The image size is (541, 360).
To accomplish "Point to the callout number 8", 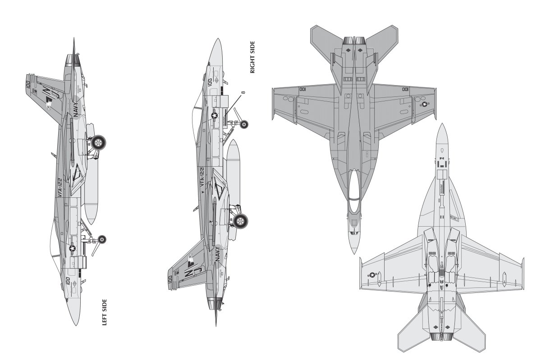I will pyautogui.click(x=243, y=93).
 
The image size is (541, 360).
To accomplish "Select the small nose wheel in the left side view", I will pyautogui.click(x=102, y=239).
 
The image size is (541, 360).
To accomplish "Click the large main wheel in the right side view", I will pyautogui.click(x=241, y=220).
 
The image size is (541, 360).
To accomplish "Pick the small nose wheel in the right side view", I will pyautogui.click(x=245, y=124).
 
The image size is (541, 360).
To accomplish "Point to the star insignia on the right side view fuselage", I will pyautogui.click(x=215, y=116).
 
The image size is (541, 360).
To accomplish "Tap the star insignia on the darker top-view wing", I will pyautogui.click(x=424, y=105).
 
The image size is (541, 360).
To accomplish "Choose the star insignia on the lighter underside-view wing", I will pyautogui.click(x=372, y=274).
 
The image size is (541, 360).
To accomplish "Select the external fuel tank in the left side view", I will pyautogui.click(x=89, y=180).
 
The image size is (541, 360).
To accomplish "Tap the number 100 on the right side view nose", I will pyautogui.click(x=210, y=82).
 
